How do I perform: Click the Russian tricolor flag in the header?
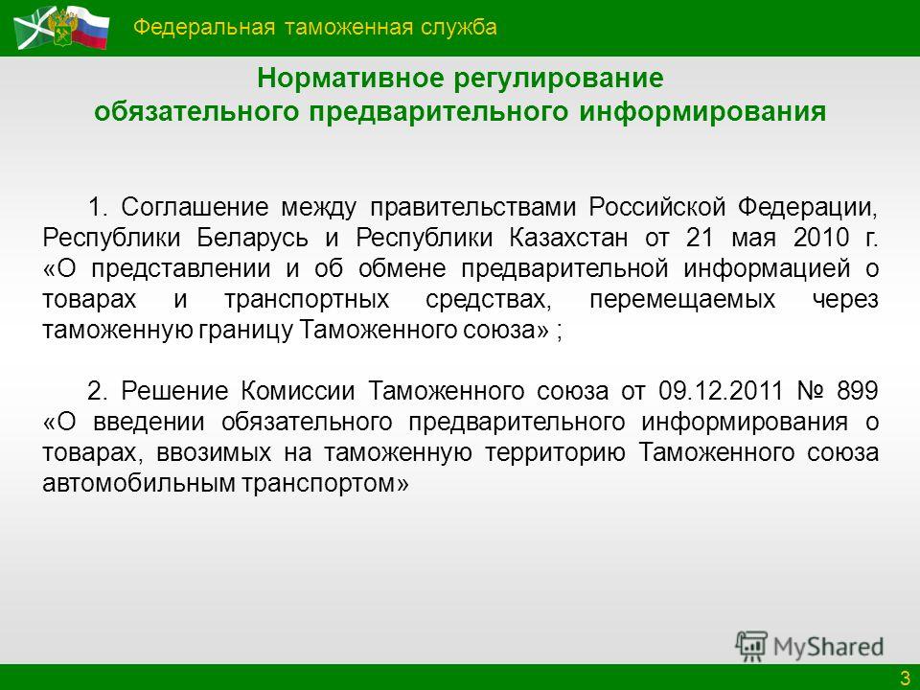(x=90, y=27)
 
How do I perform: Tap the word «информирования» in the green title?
(x=702, y=112)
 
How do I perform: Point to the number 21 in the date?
(x=700, y=238)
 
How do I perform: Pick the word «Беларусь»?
(x=252, y=239)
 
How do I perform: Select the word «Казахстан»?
(x=568, y=238)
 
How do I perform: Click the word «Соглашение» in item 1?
(x=195, y=207)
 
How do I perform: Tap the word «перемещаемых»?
(x=682, y=300)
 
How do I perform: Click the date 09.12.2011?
(x=721, y=391)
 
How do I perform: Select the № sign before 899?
(x=811, y=391)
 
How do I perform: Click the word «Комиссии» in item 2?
(x=297, y=391)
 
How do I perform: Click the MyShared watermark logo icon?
(x=751, y=646)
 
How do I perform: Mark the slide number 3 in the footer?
(x=905, y=678)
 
